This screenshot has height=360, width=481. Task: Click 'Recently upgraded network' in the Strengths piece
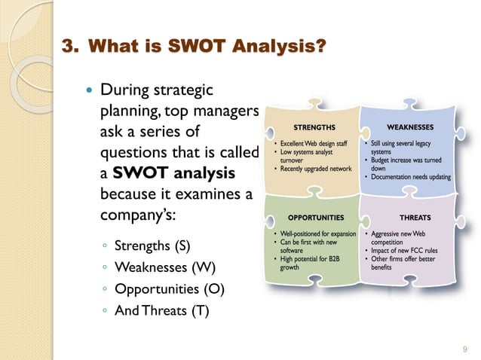point(316,168)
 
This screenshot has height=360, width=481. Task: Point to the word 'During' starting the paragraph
point(124,92)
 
